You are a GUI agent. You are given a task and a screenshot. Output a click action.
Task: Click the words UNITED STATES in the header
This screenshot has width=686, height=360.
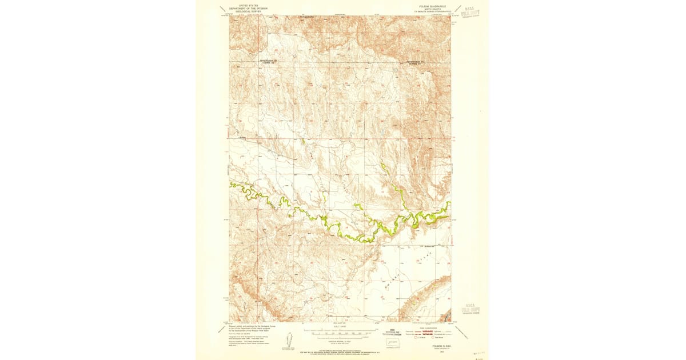pyautogui.click(x=248, y=4)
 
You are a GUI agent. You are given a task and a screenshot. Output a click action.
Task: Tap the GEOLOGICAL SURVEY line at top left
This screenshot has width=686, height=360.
pyautogui.click(x=248, y=10)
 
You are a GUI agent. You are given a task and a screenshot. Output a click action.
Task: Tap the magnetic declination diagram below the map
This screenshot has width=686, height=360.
pyautogui.click(x=290, y=339)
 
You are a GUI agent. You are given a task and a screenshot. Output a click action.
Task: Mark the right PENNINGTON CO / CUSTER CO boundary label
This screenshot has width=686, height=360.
pyautogui.click(x=416, y=62)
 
